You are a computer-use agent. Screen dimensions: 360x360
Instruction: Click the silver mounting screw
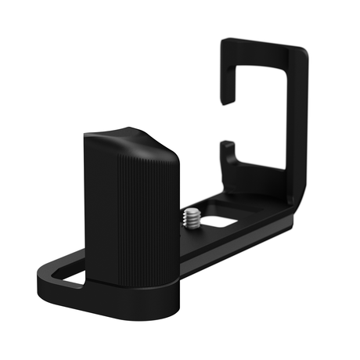click(191, 215)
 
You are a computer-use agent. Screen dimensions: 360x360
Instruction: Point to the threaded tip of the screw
click(192, 210)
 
